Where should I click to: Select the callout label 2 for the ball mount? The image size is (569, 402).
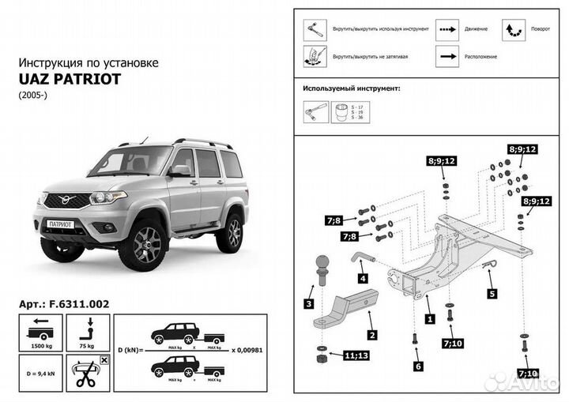pos(371,335)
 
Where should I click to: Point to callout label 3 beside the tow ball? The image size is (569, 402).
pos(309,303)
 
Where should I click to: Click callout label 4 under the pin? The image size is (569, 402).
pos(361,278)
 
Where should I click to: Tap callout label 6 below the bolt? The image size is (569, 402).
pos(417,366)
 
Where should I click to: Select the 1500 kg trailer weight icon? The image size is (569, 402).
pos(38,332)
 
